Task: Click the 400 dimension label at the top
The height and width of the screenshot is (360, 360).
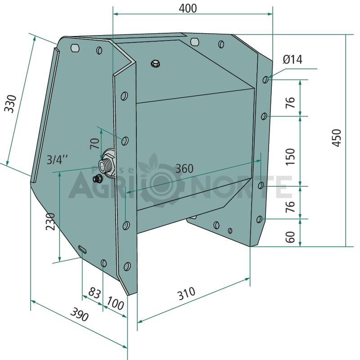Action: (188, 9)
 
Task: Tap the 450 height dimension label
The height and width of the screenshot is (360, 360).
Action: (337, 138)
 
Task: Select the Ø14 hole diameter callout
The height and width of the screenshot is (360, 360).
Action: (292, 59)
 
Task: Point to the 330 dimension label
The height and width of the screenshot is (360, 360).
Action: (11, 103)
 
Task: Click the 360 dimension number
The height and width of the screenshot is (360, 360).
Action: (184, 169)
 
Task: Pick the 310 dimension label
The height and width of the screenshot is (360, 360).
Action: (186, 293)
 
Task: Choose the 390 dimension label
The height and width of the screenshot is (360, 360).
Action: (79, 314)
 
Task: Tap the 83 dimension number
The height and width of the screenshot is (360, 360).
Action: (94, 293)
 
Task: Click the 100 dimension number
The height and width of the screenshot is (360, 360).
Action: (116, 303)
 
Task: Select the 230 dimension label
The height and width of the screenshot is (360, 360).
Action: (50, 221)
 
